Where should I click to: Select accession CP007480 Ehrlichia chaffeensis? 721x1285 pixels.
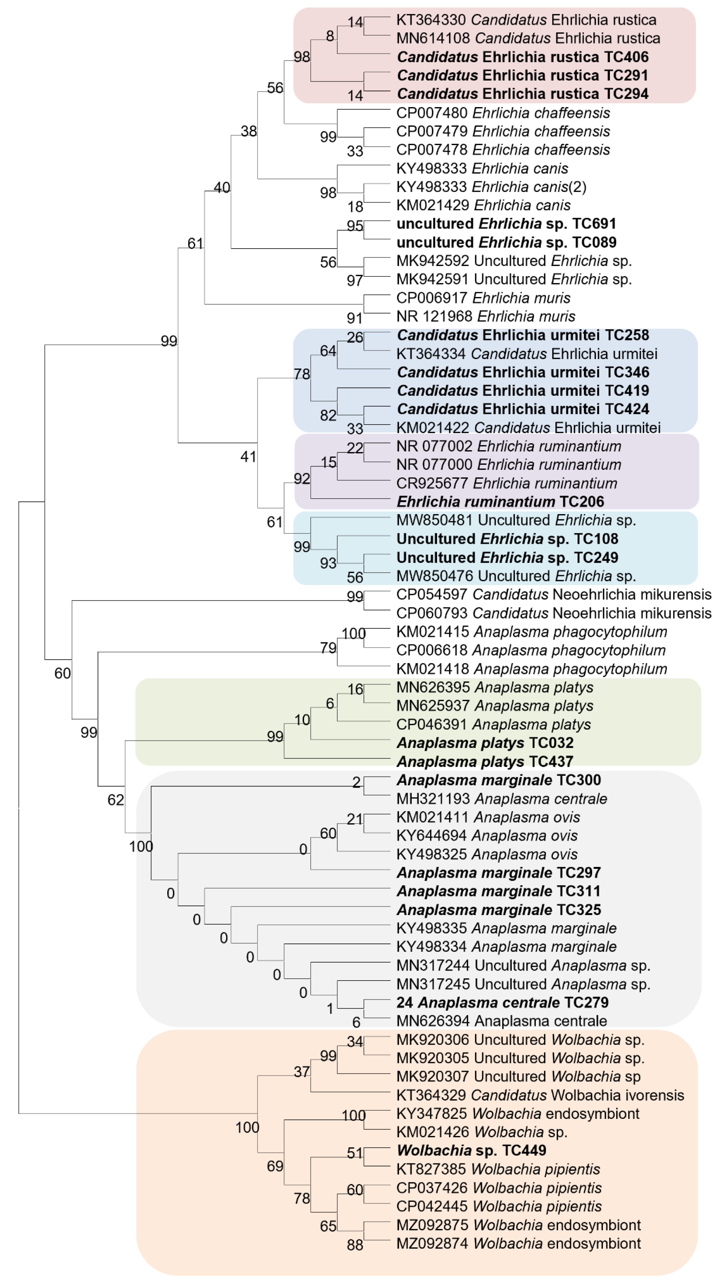[x=503, y=113]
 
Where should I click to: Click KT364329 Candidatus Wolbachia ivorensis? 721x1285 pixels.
[x=540, y=1095]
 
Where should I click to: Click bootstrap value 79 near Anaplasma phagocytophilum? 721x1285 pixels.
[x=328, y=648]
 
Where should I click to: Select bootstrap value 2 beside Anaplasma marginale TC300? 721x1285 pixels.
[x=356, y=782]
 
